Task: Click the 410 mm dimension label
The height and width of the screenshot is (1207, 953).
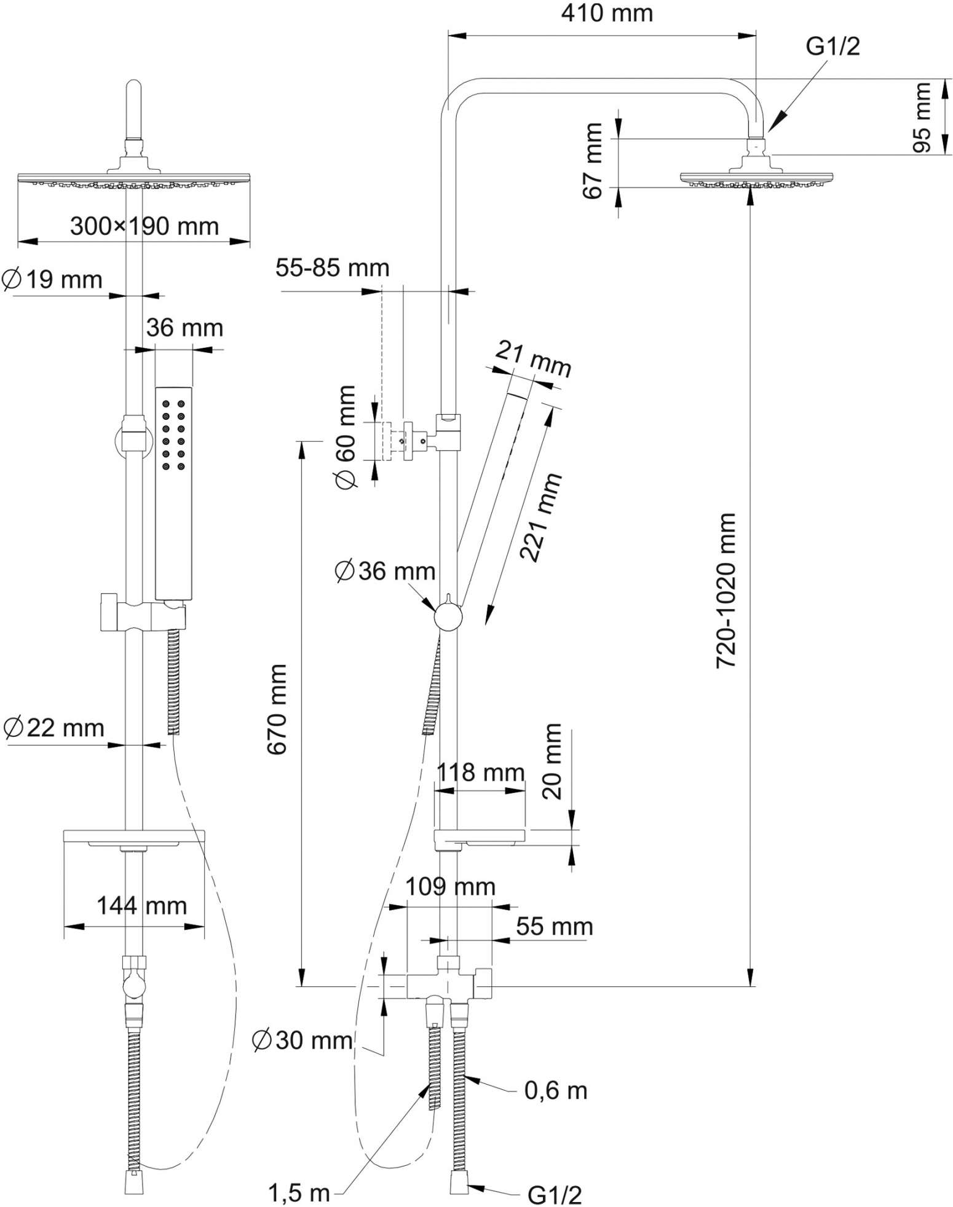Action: tap(606, 14)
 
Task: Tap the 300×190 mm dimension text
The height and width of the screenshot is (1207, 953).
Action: tap(144, 227)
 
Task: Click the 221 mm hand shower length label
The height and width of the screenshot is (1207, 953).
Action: tap(540, 517)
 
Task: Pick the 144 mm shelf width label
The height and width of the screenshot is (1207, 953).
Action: tap(141, 905)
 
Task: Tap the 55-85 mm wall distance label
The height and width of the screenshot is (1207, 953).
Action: tap(332, 268)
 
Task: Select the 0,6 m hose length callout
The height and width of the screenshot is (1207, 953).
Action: tap(556, 1090)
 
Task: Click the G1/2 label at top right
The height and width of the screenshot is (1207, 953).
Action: tap(832, 47)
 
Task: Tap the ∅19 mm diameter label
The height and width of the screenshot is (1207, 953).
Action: tap(52, 280)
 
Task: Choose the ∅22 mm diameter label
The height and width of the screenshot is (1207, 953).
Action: tap(53, 728)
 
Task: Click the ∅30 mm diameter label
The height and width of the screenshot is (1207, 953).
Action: tap(303, 1040)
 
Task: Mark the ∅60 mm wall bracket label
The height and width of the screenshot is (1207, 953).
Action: tap(345, 437)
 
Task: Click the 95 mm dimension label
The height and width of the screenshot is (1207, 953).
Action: tap(922, 117)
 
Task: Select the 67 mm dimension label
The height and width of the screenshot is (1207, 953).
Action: tap(592, 161)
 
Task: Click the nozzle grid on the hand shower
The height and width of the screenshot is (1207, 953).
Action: tap(173, 436)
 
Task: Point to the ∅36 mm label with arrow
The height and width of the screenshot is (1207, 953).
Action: tap(385, 572)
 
